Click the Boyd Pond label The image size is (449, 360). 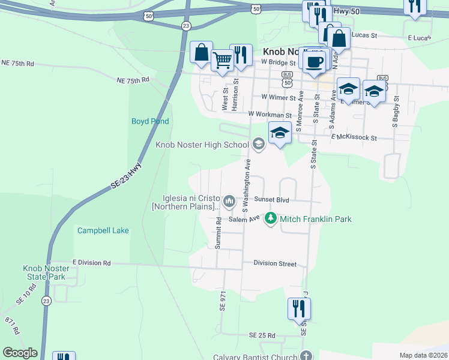(150, 121)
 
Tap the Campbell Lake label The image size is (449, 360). (103, 230)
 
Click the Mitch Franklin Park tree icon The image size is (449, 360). (271, 219)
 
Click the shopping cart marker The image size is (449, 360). (222, 60)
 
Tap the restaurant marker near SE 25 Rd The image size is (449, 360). (299, 310)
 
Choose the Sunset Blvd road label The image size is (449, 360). (271, 200)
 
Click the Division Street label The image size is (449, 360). (275, 263)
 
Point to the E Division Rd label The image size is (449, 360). (92, 263)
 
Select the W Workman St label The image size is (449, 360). (270, 115)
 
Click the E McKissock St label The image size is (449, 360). (354, 137)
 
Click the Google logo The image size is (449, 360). (20, 353)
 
